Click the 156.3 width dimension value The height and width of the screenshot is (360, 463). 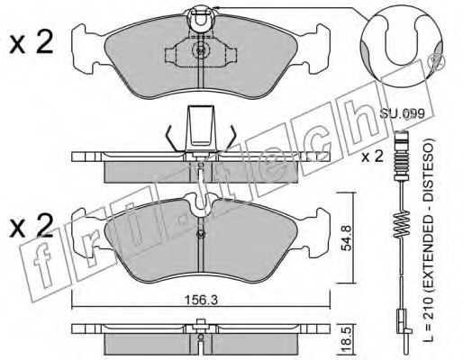201,300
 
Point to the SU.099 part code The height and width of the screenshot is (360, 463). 402,113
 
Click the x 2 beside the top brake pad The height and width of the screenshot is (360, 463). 32,42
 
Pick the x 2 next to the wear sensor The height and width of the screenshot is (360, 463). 372,157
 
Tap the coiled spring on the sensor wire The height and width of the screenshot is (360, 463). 401,224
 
